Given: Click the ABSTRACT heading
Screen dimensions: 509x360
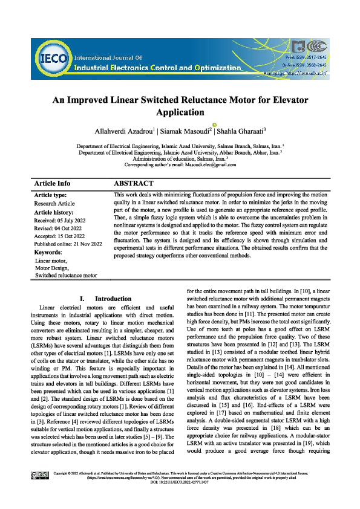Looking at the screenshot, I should (x=134, y=183).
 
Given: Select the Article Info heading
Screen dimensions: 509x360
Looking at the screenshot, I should (x=53, y=183).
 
